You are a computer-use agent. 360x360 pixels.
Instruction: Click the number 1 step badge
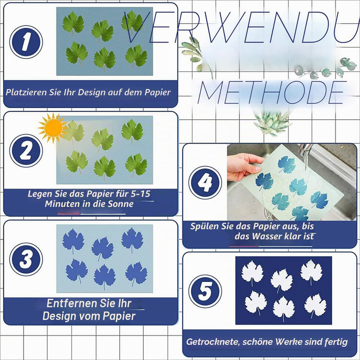click(x=26, y=42)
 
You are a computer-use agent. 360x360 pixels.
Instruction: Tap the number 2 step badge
click(x=26, y=150)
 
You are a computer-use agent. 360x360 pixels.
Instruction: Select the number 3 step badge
click(x=26, y=259)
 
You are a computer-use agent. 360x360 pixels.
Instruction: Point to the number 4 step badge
click(x=205, y=182)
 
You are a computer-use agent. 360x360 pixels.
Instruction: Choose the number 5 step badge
click(x=205, y=291)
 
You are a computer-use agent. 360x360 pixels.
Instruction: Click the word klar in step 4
click(x=292, y=236)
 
